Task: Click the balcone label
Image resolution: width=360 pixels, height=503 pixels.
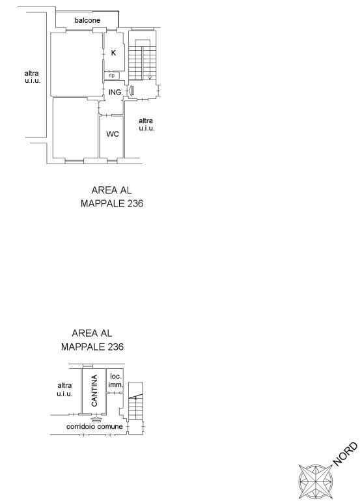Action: tap(87, 20)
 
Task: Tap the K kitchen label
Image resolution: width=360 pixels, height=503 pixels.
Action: tap(113, 53)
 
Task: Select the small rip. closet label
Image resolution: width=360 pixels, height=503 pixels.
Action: tap(112, 76)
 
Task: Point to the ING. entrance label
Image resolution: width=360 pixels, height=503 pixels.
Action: tap(115, 93)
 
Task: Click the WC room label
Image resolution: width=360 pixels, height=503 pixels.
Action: tap(113, 134)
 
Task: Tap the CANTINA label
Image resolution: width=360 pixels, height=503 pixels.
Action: tap(94, 391)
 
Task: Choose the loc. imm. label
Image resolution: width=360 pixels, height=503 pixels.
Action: tap(116, 380)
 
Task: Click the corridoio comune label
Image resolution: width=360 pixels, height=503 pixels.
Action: tap(94, 426)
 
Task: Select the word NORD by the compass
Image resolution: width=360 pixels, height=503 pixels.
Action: tap(345, 454)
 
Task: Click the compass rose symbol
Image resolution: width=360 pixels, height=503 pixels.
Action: tap(316, 481)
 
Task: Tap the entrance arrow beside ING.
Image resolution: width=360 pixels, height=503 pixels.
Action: tap(131, 91)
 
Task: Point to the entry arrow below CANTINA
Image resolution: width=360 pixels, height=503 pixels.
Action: tap(96, 419)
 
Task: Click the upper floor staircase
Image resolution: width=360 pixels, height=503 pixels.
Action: tap(143, 60)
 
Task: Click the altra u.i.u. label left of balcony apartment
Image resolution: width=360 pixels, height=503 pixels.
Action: tap(33, 77)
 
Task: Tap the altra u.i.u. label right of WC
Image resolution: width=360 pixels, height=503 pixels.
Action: tap(146, 124)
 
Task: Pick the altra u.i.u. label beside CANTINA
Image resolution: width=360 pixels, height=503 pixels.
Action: tap(64, 390)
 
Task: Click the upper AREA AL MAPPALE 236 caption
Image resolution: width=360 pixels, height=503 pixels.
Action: tap(112, 197)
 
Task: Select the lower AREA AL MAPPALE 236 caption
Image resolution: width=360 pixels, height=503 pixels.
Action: tap(92, 340)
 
